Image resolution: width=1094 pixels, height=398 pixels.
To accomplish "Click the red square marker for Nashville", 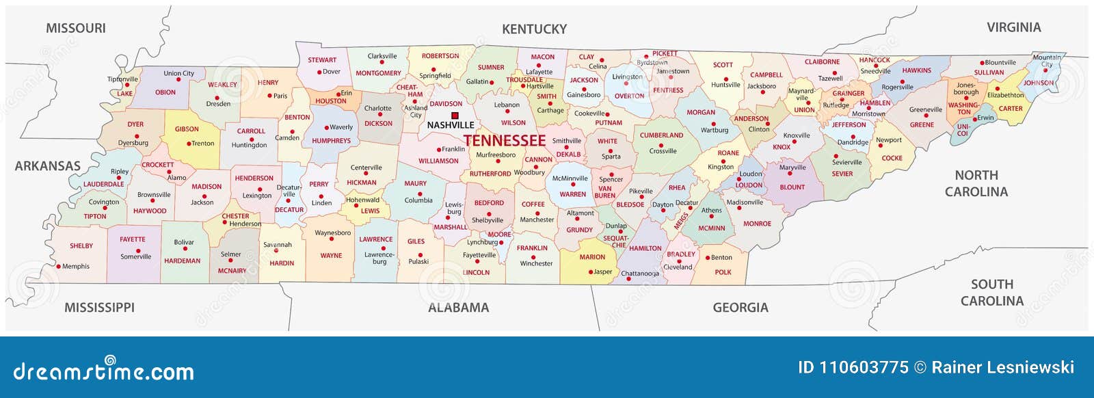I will point(455,116).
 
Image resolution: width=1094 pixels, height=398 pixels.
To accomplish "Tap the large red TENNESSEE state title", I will point(505,141).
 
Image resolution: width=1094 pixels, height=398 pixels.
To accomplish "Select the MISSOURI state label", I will point(76,28).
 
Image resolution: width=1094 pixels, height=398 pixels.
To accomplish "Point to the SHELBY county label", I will point(81,246).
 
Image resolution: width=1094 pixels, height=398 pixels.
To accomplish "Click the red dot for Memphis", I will point(59,267).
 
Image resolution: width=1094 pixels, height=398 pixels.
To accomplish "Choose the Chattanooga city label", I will point(640,274).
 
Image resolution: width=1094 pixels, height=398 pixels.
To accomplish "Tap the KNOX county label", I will point(782,147).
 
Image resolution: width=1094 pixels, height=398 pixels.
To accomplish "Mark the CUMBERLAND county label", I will point(661,135).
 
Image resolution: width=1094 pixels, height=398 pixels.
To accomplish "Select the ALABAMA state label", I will point(458,308).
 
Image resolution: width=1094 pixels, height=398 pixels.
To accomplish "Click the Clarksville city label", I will point(382,57).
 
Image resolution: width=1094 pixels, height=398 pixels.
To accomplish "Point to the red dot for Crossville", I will point(661,145).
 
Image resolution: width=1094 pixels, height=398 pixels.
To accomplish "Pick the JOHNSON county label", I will point(1039,83).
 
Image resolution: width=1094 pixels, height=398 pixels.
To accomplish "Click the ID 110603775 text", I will point(853,368).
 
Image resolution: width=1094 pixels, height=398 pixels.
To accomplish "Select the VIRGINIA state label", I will point(1013,27).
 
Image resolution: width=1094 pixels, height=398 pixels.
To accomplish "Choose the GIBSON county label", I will point(187,129).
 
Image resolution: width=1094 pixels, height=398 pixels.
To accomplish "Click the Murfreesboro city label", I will point(496,155).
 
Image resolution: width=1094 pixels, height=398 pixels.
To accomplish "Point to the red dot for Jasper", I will point(591,272).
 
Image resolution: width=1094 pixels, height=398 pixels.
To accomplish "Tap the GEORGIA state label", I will point(741,308).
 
